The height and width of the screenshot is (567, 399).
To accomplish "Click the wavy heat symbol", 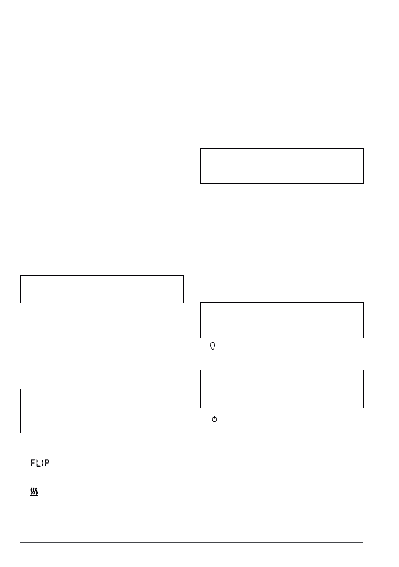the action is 34,492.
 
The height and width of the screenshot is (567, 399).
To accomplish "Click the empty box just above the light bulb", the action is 282,319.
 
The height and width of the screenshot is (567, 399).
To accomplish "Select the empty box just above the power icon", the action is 282,388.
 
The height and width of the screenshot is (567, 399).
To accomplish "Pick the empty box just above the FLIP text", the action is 102,411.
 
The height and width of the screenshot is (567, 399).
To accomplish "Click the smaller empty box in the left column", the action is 102,288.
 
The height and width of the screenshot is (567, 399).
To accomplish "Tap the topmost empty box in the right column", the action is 282,166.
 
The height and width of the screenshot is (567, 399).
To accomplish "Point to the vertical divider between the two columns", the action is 192,286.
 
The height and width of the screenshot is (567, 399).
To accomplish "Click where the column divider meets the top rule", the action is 192,41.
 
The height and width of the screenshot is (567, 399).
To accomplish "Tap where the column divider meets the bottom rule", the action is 192,542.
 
